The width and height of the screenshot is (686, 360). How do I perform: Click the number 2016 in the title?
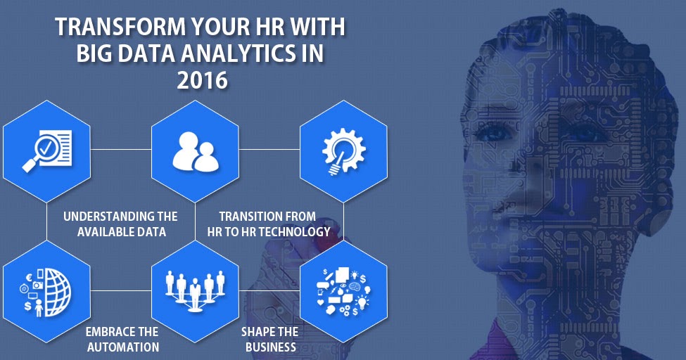[x=203, y=79]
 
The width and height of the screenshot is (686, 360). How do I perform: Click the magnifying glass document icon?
[x=47, y=149]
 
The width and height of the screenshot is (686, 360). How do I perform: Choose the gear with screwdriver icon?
[x=343, y=149]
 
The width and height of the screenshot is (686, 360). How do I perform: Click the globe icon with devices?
[x=47, y=289]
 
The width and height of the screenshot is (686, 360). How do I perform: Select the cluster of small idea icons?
[x=343, y=289]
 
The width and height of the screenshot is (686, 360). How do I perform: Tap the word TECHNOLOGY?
[x=296, y=231]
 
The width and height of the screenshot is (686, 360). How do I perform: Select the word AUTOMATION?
[x=122, y=347]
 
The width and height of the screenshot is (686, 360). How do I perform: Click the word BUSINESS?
[x=271, y=347]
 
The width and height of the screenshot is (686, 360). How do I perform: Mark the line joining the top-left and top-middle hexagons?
[x=121, y=149]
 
